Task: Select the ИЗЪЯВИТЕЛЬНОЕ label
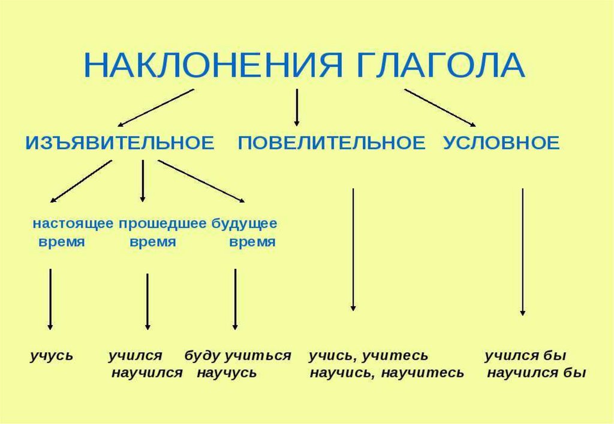119,143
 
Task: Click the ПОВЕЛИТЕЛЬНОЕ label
332,143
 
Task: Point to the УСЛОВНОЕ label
501,143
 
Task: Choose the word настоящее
73,224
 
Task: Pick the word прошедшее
162,224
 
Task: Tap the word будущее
244,224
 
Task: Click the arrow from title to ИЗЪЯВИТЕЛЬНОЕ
156,108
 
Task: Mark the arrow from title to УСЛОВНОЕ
440,108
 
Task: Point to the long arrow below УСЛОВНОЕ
523,252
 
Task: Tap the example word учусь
52,356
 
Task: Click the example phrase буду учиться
237,356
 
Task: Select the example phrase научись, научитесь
387,373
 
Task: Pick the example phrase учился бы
525,356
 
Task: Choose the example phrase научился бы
536,373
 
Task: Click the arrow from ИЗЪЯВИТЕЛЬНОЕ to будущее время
201,181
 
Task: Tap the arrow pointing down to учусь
50,299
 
